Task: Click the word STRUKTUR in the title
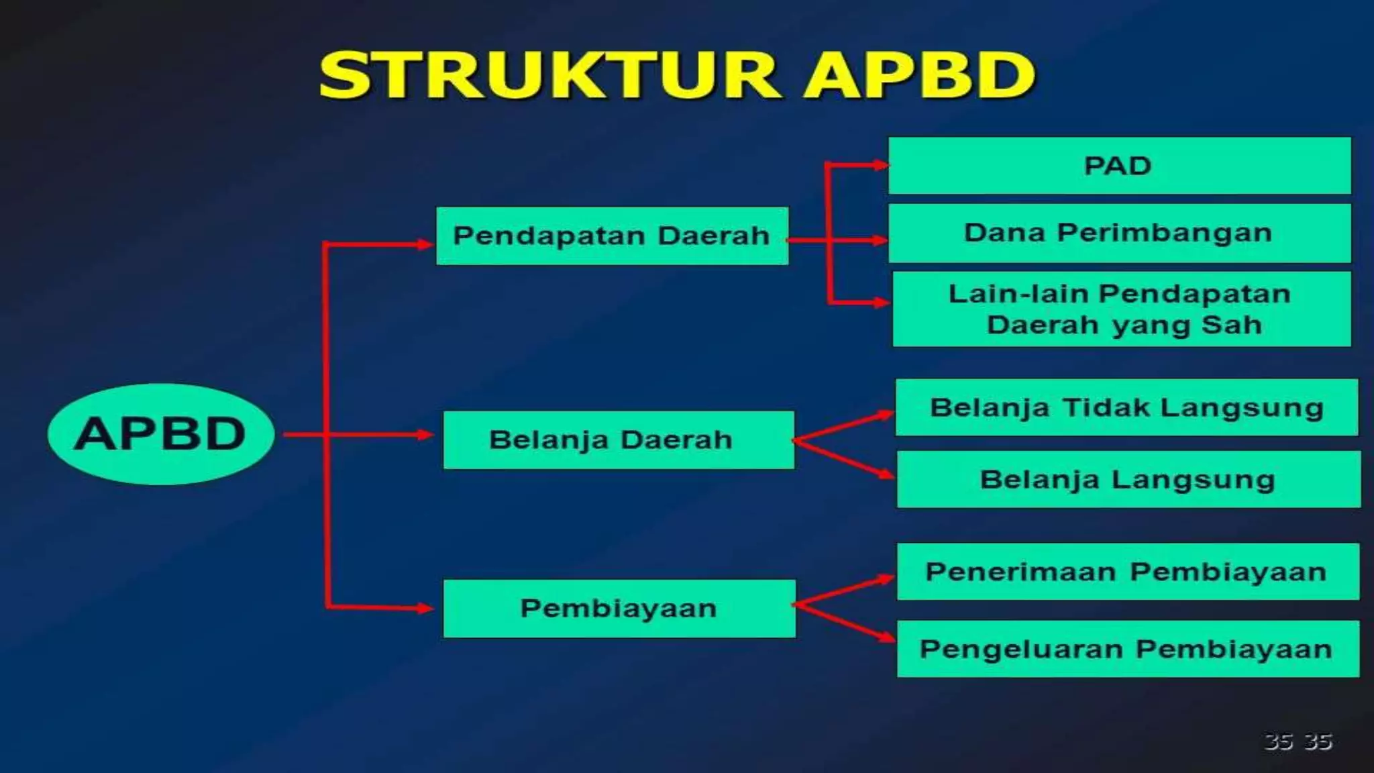pos(550,75)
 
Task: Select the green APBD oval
pos(161,434)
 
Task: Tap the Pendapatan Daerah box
pos(612,236)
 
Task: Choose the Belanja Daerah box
pos(618,440)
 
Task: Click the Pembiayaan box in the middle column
pos(619,609)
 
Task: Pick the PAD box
pos(1119,166)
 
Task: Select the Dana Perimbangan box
pos(1119,233)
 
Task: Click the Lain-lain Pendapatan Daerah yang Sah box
pos(1120,309)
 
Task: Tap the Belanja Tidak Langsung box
pos(1126,407)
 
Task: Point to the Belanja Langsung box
pos(1128,479)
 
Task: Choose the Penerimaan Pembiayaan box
pos(1127,572)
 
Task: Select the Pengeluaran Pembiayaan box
pos(1127,649)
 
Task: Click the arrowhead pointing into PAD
pos(880,165)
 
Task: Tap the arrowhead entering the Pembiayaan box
pos(425,609)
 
